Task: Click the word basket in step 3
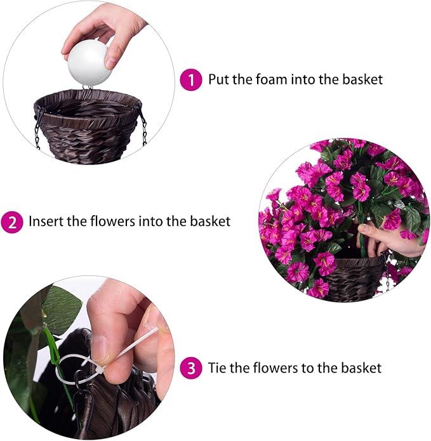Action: (x=360, y=368)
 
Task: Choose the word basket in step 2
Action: (x=209, y=222)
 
